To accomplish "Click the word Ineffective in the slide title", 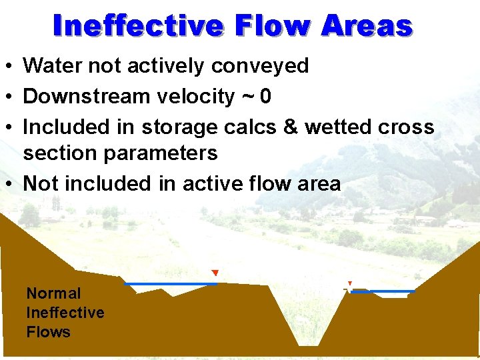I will click(138, 26).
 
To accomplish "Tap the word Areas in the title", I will click(366, 26).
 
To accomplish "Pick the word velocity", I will click(195, 97).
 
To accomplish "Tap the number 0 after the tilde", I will click(265, 97).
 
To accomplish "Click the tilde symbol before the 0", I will click(248, 97).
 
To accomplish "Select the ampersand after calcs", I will click(291, 127).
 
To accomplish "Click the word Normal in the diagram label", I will click(53, 293).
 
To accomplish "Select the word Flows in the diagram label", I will click(48, 331).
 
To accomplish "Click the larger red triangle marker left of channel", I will click(215, 273).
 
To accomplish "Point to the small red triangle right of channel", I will click(349, 283).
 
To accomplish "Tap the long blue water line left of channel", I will click(171, 284).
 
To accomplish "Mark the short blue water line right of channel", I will click(383, 291).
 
